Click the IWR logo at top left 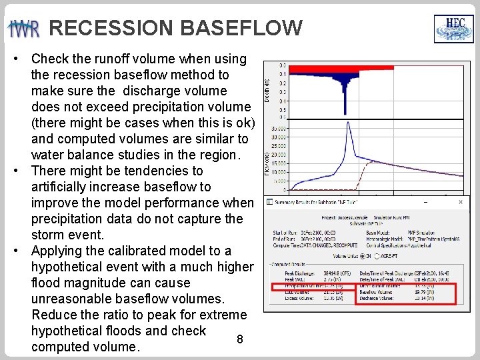[x=24, y=29]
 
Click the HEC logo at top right [x=454, y=29]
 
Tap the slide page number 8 [x=240, y=339]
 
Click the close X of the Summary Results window [x=459, y=201]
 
